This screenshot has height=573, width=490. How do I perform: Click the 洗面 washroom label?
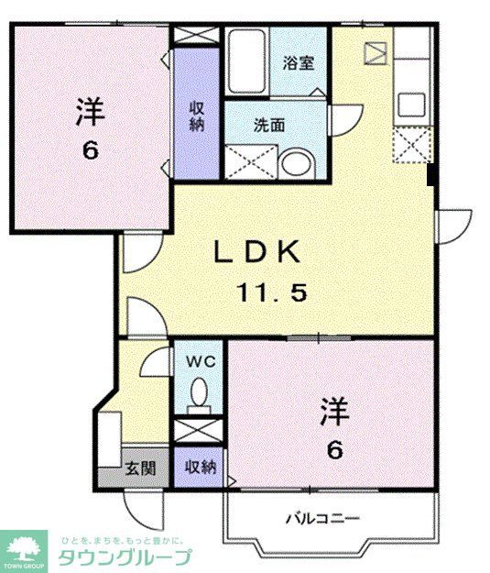coord(270,125)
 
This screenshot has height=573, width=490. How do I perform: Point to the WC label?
coord(201,361)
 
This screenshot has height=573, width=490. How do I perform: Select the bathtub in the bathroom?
coord(246,62)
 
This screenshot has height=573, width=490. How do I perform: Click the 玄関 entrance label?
coord(139,468)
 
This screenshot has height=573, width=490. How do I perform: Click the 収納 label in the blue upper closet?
coord(197,116)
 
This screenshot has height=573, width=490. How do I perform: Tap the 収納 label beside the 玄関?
coord(200,468)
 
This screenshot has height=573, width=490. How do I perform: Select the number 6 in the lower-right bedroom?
coord(334,451)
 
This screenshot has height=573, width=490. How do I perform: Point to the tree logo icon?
coord(24,549)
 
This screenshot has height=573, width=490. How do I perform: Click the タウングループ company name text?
coord(125,556)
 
